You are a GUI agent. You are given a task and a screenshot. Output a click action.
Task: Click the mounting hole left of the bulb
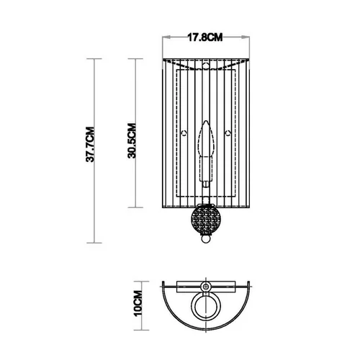188,133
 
